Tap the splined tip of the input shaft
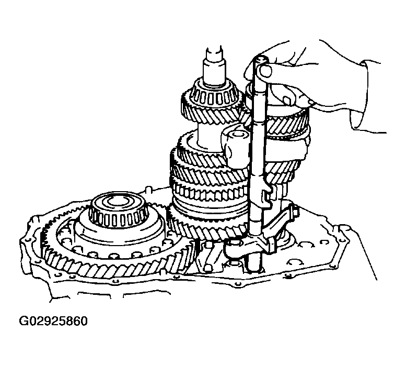tap(215, 55)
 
